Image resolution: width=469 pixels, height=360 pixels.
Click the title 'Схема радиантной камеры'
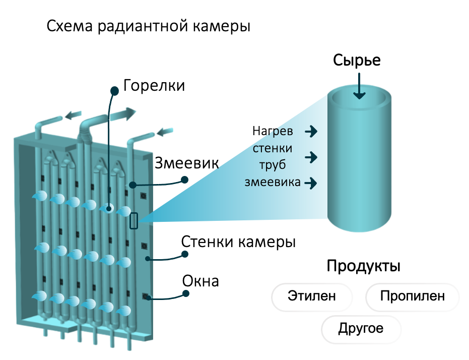(149, 26)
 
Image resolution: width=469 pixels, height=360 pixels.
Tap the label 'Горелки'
(154, 85)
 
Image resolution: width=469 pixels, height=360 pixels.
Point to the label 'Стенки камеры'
(238, 242)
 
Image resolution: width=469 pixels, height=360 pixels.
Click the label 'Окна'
(201, 281)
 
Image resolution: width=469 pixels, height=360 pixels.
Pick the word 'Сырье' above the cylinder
(356, 61)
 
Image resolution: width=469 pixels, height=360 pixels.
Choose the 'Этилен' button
(311, 296)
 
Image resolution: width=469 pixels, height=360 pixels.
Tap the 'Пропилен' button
(412, 296)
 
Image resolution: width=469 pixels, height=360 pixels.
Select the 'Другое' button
(361, 329)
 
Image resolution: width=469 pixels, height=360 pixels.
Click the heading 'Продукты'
(363, 266)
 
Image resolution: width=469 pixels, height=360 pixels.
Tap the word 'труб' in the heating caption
(272, 165)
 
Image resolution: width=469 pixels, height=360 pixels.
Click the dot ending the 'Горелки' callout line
(114, 91)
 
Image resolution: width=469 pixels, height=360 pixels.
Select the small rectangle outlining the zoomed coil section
(134, 221)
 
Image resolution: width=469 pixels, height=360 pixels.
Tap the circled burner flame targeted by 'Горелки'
(109, 208)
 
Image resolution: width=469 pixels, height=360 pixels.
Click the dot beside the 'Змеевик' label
(185, 179)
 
